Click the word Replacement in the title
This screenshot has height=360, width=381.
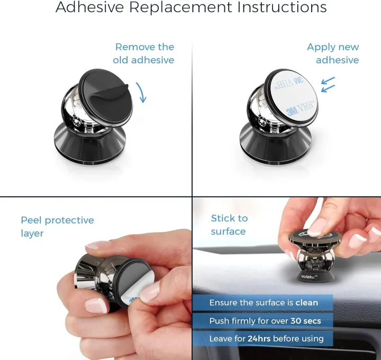pyautogui.click(x=180, y=7)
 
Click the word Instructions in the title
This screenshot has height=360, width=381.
pyautogui.click(x=282, y=7)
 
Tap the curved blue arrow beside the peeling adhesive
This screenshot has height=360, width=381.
pyautogui.click(x=142, y=92)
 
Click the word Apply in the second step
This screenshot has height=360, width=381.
pyautogui.click(x=320, y=48)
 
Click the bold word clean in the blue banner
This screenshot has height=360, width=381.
pyautogui.click(x=306, y=303)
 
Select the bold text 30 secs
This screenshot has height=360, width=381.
pyautogui.click(x=306, y=321)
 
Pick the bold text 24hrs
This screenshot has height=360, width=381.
pyautogui.click(x=259, y=339)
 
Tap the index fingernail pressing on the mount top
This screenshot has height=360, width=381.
pyautogui.click(x=317, y=227)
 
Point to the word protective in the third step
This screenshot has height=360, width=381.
pyautogui.click(x=69, y=221)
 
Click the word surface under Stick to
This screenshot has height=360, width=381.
pyautogui.click(x=229, y=231)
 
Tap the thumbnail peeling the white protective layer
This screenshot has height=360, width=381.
pyautogui.click(x=149, y=293)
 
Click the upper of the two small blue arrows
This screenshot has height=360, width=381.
pyautogui.click(x=328, y=80)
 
